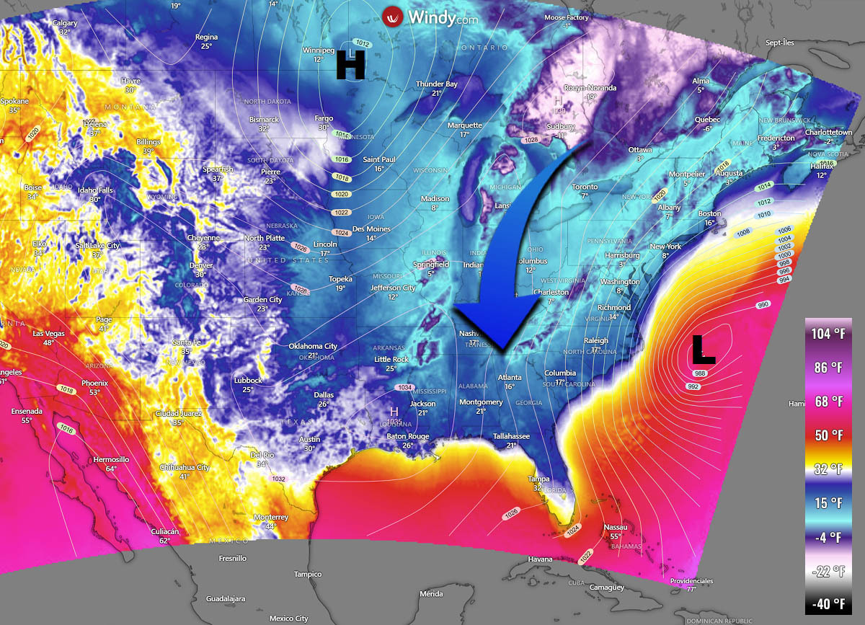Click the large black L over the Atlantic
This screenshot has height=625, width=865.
[703, 349]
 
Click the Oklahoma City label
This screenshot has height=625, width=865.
[313, 346]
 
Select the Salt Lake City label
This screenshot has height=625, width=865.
[97, 246]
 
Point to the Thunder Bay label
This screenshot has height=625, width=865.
[436, 84]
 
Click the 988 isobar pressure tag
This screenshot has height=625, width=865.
[698, 373]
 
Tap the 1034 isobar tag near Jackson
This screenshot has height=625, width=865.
[404, 388]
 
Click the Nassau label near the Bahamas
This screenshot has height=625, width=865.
[615, 527]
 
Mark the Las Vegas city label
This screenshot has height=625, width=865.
[48, 334]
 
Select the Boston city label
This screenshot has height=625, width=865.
[709, 214]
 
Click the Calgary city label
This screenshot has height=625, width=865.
[65, 23]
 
